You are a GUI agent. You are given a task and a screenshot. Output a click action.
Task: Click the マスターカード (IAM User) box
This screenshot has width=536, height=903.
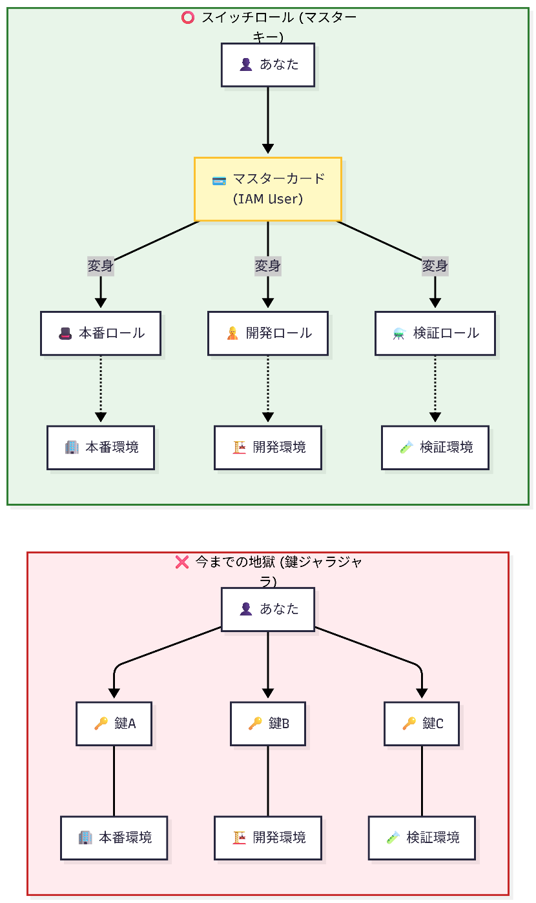pyautogui.click(x=268, y=189)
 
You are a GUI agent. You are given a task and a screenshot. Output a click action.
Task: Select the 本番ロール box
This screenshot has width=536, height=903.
pyautogui.click(x=101, y=333)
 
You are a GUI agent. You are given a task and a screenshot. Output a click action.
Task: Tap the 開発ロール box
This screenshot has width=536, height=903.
pyautogui.click(x=268, y=333)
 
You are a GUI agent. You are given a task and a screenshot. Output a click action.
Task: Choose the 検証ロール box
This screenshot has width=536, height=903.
pyautogui.click(x=435, y=333)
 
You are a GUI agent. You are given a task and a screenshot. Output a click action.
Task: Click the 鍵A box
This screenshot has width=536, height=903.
pyautogui.click(x=114, y=724)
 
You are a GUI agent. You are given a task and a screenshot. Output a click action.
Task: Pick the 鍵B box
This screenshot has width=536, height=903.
pyautogui.click(x=268, y=724)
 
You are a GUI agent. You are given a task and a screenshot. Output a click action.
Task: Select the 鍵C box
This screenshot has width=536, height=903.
pyautogui.click(x=422, y=724)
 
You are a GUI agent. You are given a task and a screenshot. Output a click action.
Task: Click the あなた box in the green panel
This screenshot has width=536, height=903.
pyautogui.click(x=268, y=64)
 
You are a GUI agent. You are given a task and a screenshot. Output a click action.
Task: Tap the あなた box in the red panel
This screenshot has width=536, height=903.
pyautogui.click(x=268, y=609)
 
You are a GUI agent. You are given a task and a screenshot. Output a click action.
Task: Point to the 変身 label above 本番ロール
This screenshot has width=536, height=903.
pyautogui.click(x=101, y=266)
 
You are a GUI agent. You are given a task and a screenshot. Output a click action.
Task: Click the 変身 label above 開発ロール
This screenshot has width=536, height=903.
pyautogui.click(x=268, y=266)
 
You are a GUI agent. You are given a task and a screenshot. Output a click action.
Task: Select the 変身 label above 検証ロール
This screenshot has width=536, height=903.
pyautogui.click(x=435, y=266)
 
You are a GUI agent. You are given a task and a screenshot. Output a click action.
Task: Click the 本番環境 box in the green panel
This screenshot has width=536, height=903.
pyautogui.click(x=101, y=448)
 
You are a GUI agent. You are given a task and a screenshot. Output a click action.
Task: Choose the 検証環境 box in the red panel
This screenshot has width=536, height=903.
pyautogui.click(x=422, y=838)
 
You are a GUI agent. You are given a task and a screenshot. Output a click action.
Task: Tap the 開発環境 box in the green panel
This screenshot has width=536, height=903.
pyautogui.click(x=268, y=448)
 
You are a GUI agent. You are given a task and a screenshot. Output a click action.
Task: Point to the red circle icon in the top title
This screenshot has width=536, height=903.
pyautogui.click(x=188, y=18)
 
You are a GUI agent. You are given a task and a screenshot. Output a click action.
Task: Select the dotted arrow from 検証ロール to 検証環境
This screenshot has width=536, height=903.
pyautogui.click(x=435, y=387)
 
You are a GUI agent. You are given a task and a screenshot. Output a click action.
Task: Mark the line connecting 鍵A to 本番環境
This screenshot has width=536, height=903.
pyautogui.click(x=114, y=781)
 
